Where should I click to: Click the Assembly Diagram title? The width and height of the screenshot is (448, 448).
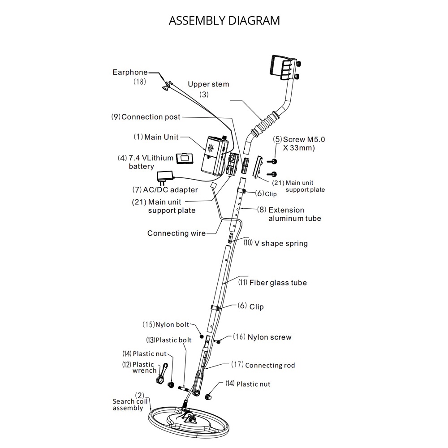pyautogui.click(x=224, y=21)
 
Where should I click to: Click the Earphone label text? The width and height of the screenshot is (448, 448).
pyautogui.click(x=130, y=72)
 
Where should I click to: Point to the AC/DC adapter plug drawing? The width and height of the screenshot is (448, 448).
pyautogui.click(x=166, y=177)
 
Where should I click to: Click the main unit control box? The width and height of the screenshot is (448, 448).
pyautogui.click(x=216, y=156)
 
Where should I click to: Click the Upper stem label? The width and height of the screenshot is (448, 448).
pyautogui.click(x=208, y=84)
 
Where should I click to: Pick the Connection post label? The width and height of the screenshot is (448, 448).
pyautogui.click(x=151, y=117)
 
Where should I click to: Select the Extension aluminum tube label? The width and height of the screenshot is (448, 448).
pyautogui.click(x=286, y=214)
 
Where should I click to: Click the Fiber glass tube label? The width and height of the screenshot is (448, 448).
pyautogui.click(x=278, y=283)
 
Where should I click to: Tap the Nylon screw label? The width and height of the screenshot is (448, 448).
pyautogui.click(x=269, y=337)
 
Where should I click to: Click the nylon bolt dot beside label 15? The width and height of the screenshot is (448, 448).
pyautogui.click(x=202, y=336)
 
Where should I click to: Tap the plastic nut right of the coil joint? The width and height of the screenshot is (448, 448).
pyautogui.click(x=208, y=396)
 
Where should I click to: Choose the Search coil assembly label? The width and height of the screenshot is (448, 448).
pyautogui.click(x=128, y=405)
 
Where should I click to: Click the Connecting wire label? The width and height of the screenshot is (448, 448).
pyautogui.click(x=177, y=233)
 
